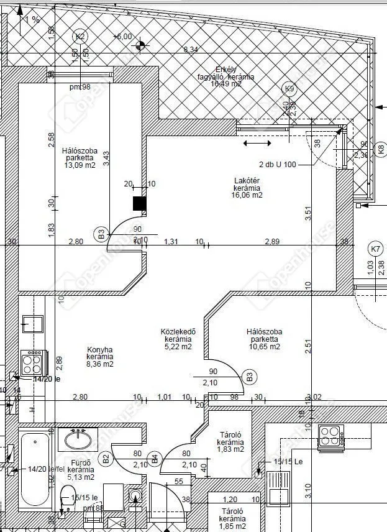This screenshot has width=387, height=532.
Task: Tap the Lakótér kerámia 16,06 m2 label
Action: point(248,187)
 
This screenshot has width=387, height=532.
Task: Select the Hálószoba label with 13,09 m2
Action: point(78,158)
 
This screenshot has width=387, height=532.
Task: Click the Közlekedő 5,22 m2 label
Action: point(178,339)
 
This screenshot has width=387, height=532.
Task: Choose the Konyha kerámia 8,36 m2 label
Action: point(99,357)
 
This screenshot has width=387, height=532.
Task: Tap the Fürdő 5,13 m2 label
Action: point(81,470)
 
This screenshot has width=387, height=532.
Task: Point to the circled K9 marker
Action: point(289,89)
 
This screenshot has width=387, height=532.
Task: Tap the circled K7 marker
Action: point(375,250)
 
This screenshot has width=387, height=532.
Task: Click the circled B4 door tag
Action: point(155,459)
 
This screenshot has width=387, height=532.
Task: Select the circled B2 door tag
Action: point(106,459)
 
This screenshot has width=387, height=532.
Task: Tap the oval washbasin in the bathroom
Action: point(78,441)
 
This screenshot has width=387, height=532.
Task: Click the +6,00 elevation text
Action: point(123,37)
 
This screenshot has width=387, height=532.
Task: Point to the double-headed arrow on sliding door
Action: point(257,144)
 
